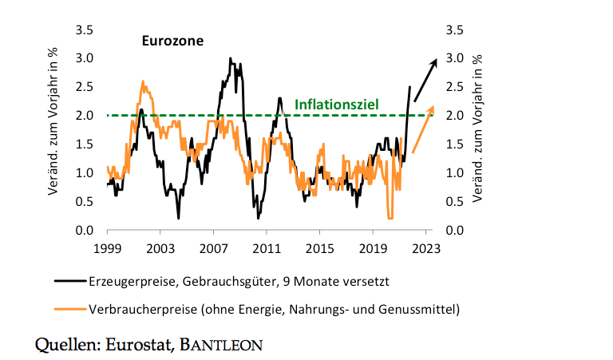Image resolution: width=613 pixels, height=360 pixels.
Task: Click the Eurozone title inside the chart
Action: [x=172, y=40]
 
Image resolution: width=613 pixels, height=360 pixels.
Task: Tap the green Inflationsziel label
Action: [x=336, y=104]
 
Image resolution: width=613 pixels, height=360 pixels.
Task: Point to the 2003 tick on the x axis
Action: [x=160, y=248]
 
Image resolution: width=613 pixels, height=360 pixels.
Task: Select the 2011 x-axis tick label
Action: [x=266, y=248]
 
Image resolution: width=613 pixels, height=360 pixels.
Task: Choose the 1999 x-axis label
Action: [x=107, y=248]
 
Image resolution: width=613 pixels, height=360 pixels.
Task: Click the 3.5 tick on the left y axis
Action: [x=84, y=30]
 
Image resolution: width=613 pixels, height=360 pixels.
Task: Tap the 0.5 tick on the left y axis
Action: [x=84, y=202]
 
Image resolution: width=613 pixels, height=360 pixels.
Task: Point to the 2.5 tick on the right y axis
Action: [x=454, y=87]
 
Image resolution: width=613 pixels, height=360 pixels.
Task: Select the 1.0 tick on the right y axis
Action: [x=454, y=173]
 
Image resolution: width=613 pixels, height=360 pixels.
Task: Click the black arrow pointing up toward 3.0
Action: [x=425, y=73]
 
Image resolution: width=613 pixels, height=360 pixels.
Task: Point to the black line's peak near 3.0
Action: [x=230, y=58]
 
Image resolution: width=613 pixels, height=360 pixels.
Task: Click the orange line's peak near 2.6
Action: [x=143, y=81]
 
